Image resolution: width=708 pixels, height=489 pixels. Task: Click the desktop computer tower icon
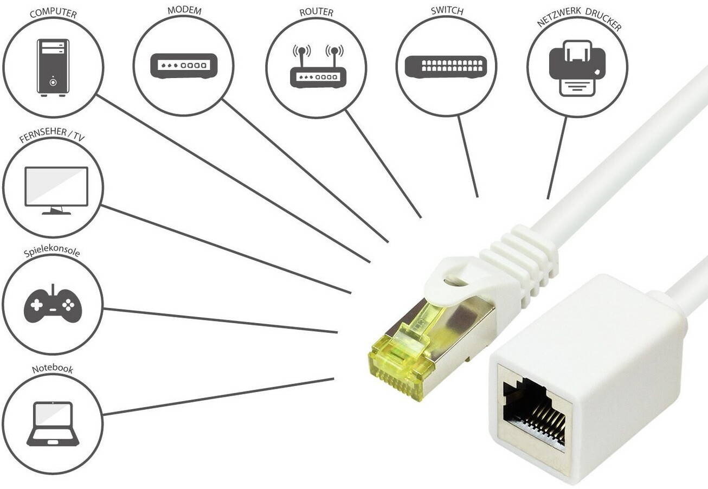pyautogui.click(x=53, y=68)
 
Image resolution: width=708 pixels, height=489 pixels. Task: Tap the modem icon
pyautogui.click(x=183, y=66)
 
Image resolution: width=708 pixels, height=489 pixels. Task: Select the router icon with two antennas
pyautogui.click(x=318, y=67)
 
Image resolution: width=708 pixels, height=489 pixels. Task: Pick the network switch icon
pyautogui.click(x=446, y=66)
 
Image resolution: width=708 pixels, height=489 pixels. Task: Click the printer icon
pyautogui.click(x=577, y=67)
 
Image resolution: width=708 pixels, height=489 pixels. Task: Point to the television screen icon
pyautogui.click(x=56, y=190)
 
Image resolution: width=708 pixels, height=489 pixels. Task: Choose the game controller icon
pyautogui.click(x=53, y=305)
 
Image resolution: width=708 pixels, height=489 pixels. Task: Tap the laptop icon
pyautogui.click(x=53, y=424)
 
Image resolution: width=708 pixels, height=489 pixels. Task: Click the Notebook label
pyautogui.click(x=52, y=369)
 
